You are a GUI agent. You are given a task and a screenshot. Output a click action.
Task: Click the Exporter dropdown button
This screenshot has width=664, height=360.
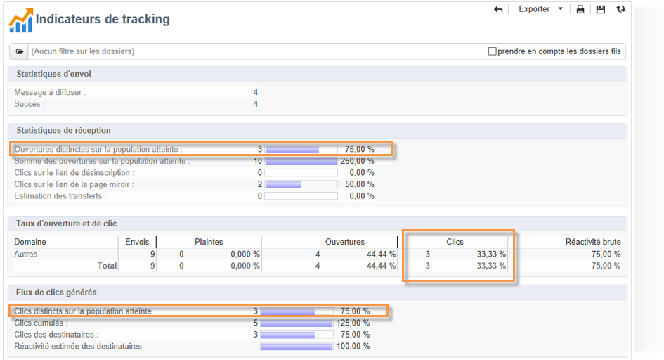coord(540,9)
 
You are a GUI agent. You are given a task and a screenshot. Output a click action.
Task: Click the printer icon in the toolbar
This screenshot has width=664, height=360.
coord(580,10)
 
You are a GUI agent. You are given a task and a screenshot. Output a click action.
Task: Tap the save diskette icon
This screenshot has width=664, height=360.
coord(600,10)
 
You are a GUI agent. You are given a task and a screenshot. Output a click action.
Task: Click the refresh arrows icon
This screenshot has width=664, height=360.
coord(620,10)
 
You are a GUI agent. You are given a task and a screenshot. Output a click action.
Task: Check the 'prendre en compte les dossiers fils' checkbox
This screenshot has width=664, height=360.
coord(493,51)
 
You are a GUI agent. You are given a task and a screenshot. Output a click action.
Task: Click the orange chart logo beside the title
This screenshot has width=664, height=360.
coord(20,20)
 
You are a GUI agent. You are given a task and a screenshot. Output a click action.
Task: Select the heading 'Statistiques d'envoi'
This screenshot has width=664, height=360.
coord(53,74)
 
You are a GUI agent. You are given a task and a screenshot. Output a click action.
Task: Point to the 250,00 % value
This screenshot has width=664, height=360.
coord(357,161)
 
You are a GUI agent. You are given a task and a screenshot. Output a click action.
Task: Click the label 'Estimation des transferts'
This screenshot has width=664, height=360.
coord(59,196)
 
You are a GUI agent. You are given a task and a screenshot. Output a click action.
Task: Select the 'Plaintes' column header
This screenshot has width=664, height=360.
coord(209,242)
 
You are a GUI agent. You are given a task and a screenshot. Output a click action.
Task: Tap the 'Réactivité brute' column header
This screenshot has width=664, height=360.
coord(593,242)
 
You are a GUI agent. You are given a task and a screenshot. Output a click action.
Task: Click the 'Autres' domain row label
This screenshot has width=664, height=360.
coord(26,254)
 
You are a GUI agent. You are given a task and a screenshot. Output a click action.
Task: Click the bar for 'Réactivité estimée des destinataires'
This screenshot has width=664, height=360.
coord(297,346)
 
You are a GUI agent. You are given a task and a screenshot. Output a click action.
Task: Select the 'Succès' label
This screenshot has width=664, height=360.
coord(29,104)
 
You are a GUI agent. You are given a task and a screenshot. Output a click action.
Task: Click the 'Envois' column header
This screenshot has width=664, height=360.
coord(137,242)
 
